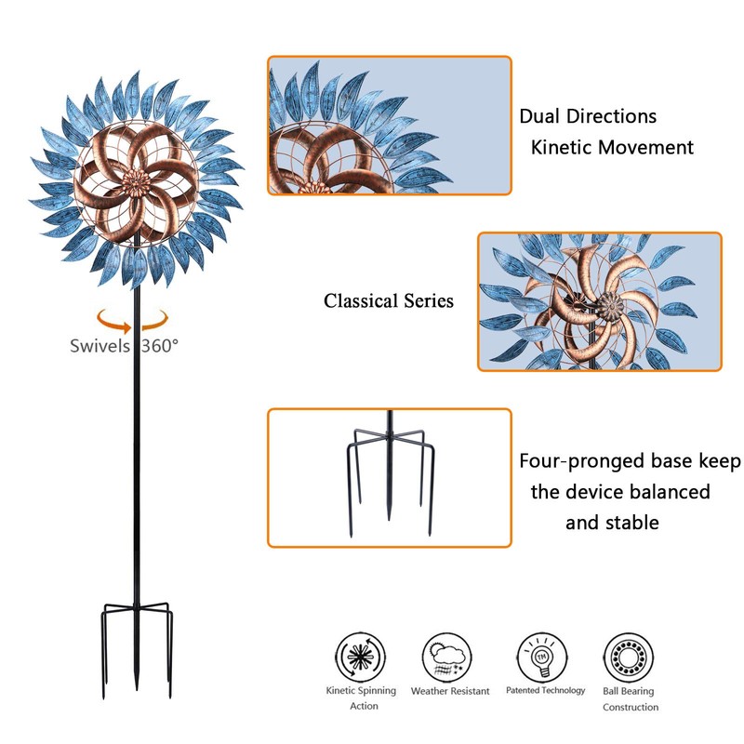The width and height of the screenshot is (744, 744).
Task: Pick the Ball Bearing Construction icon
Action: coord(629,656)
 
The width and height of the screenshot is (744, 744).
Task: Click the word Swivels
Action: coord(102,346)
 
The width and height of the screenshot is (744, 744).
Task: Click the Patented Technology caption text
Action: coord(545,690)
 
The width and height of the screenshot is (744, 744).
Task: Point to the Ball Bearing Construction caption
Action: coord(630,698)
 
